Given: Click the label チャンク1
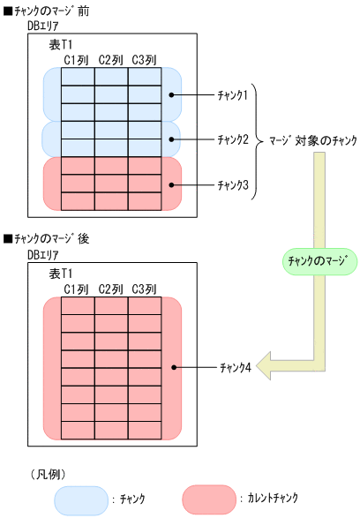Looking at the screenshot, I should coord(235,93).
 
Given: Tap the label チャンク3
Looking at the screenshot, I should coord(235,184).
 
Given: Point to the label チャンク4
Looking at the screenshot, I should coord(236,367).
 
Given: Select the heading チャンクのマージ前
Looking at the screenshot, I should coord(49,11).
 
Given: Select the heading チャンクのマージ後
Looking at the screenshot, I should coord(49,238).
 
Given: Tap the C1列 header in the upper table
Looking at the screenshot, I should coord(77,60).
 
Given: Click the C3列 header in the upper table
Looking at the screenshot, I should coord(144,60).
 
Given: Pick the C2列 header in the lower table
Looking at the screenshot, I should coord(110,288).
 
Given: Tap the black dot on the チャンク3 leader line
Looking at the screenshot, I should coord(174,184).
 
